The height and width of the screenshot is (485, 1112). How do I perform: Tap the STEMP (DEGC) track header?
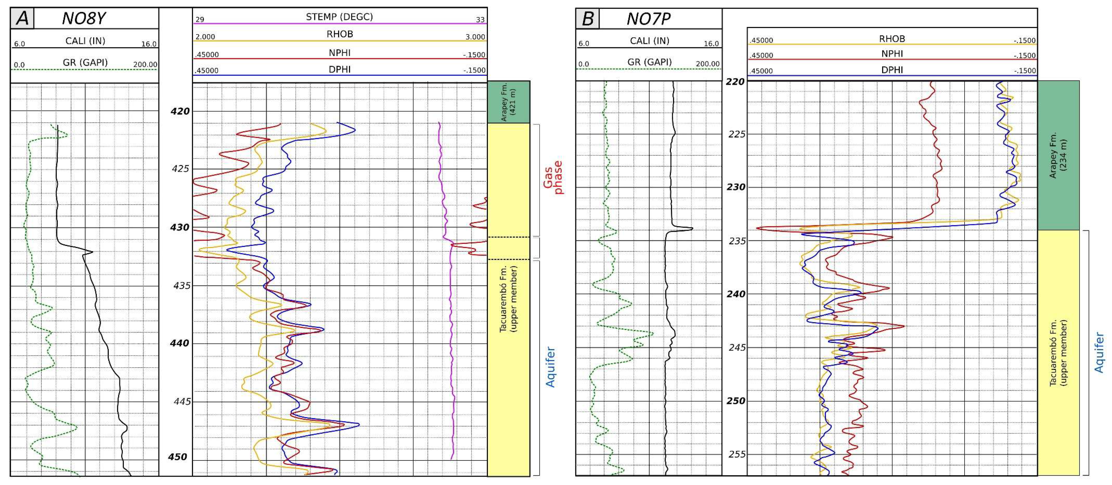[339, 17]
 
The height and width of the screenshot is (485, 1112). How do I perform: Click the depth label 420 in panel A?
[180, 111]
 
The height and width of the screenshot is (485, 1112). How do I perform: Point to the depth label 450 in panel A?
[178, 457]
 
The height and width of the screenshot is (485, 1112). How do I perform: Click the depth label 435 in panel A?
[181, 285]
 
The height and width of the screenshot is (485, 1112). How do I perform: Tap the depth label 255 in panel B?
[737, 454]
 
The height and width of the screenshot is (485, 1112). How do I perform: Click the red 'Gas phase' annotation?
[553, 177]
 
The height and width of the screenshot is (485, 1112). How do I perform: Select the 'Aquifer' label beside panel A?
[550, 367]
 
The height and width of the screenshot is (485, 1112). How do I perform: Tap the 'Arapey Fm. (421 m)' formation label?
[508, 102]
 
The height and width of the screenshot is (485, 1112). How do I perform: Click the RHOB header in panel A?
[340, 34]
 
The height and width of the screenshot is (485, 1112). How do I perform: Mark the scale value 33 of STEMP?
[480, 19]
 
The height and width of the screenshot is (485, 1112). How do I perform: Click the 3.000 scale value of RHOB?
[475, 37]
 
